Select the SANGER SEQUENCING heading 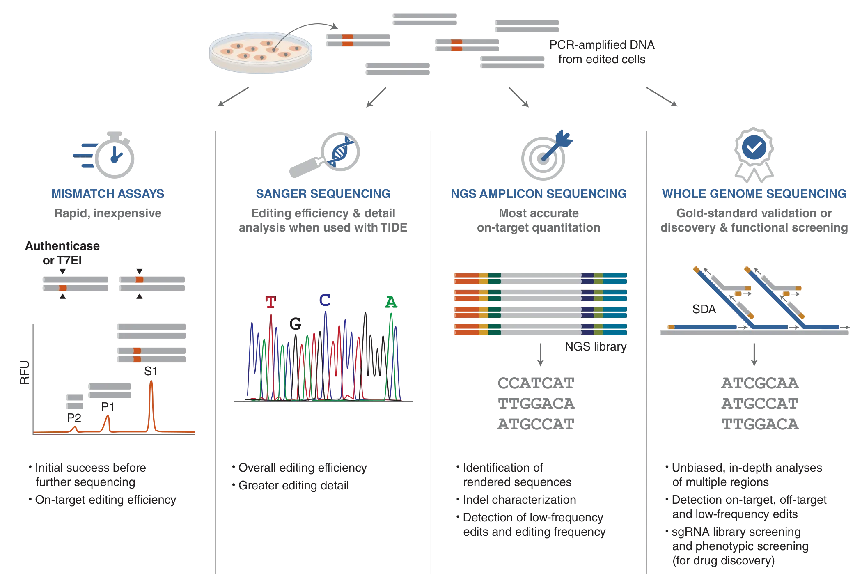pos(323,194)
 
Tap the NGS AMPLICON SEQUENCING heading pos(539,194)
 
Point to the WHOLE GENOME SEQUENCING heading pos(754,194)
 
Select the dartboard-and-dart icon pos(544,156)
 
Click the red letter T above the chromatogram pos(270,302)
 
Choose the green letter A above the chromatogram pos(391,303)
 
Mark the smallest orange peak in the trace pos(75,428)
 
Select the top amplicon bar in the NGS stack pos(540,279)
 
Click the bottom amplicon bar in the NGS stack pos(540,330)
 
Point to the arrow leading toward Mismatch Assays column pos(232,97)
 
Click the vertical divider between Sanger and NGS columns pos(432,349)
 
